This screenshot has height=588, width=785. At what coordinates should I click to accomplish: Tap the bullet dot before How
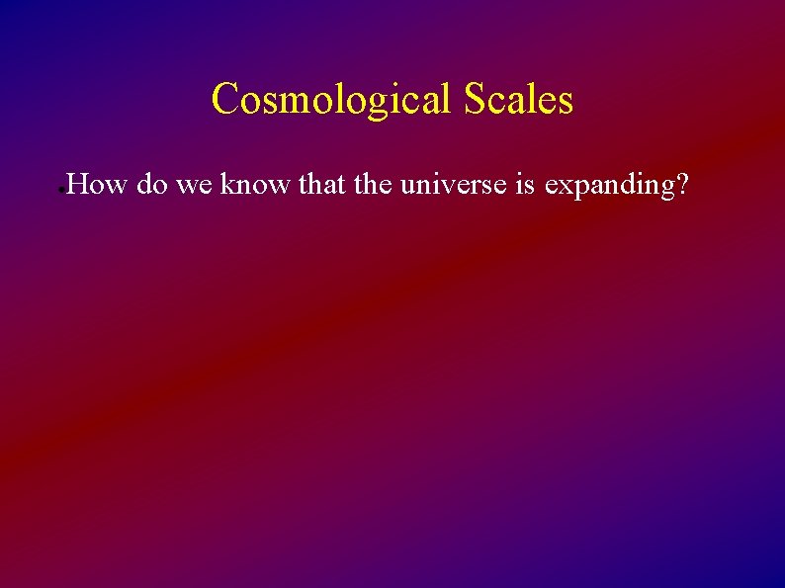pyautogui.click(x=61, y=188)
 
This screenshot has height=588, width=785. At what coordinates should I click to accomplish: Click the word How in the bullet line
pyautogui.click(x=97, y=184)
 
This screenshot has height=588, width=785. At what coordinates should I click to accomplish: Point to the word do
pyautogui.click(x=152, y=184)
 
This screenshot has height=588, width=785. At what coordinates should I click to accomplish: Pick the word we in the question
pyautogui.click(x=196, y=184)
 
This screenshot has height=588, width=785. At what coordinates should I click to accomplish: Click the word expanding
pyautogui.click(x=605, y=186)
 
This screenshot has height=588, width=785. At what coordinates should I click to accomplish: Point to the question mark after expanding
pyautogui.click(x=678, y=184)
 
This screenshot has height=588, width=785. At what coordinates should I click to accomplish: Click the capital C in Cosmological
pyautogui.click(x=225, y=100)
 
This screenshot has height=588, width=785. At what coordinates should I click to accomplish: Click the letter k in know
pyautogui.click(x=228, y=184)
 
